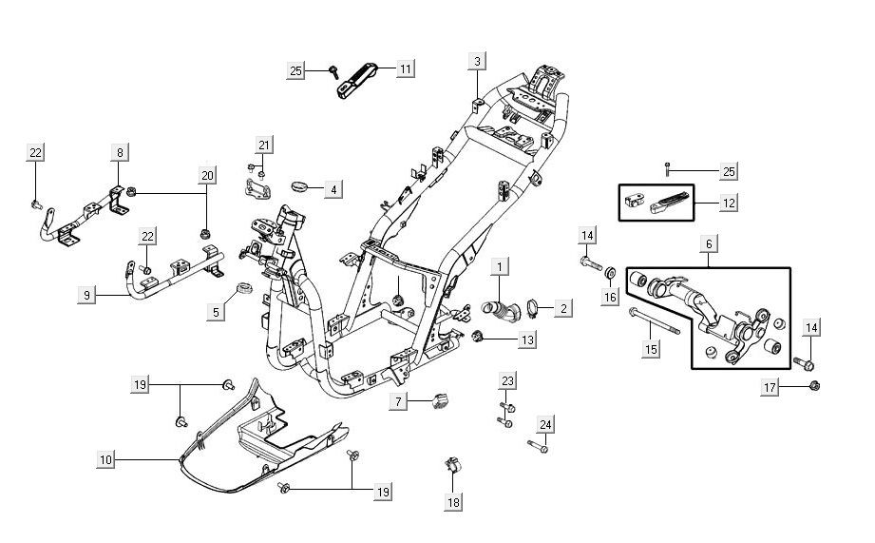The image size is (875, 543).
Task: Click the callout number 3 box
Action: pos(477,62)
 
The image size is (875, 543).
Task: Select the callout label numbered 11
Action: pos(406,69)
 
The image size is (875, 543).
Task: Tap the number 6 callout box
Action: pos(709,244)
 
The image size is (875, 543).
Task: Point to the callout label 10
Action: pos(106,459)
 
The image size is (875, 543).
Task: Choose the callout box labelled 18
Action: pos(454,501)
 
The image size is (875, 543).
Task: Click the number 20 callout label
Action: pos(207,175)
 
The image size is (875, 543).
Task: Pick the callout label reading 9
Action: pos(86,296)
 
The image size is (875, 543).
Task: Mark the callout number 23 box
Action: pos(507,381)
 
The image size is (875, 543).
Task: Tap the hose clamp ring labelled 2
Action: pos(533,307)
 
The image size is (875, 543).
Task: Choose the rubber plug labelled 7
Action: pos(440,399)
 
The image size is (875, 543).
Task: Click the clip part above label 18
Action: pos(453,467)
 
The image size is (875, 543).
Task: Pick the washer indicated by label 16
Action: pos(609,276)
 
